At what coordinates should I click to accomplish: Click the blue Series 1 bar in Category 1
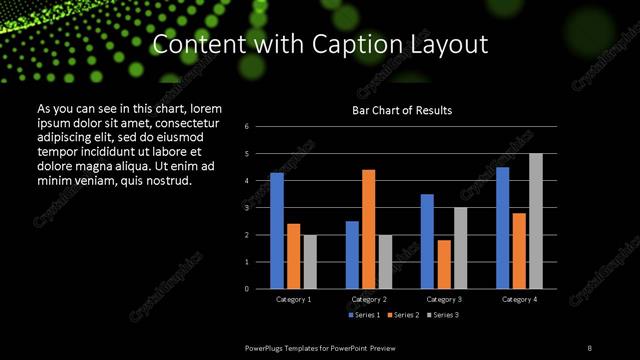[276, 231]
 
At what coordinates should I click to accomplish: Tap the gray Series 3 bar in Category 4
[536, 221]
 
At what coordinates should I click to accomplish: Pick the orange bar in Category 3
[443, 264]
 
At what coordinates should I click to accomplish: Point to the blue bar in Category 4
[502, 228]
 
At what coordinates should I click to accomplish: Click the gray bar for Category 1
[310, 262]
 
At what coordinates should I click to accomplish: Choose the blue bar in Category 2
[352, 255]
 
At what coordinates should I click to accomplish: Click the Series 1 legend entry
[363, 315]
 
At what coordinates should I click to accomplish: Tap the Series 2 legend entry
[399, 315]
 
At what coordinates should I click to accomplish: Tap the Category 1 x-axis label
[293, 299]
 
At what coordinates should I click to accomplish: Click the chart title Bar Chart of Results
[402, 110]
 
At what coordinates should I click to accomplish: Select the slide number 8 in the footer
[590, 347]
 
